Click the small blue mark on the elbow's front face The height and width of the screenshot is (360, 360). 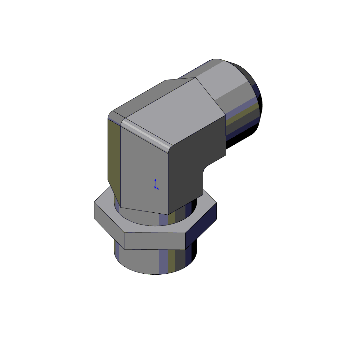154,183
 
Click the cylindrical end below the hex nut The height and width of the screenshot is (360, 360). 160,260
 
